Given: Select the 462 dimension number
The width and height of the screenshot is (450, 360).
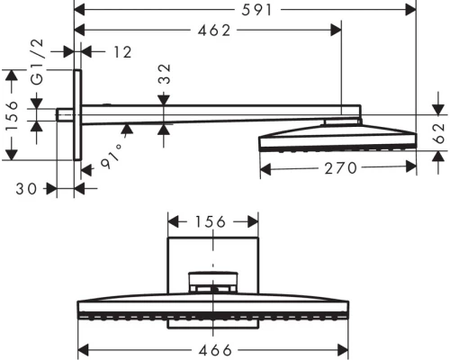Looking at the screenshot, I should tap(214, 31).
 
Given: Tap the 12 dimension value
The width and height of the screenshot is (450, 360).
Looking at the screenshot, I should tap(122, 52).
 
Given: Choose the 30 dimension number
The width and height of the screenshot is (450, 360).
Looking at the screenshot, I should tap(28, 189).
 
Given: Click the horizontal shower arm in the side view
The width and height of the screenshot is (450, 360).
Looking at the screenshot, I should tap(216, 114).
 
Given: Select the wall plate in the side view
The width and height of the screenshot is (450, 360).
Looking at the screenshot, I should tap(77, 115).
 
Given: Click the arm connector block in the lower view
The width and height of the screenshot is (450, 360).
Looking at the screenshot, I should tap(213, 283).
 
